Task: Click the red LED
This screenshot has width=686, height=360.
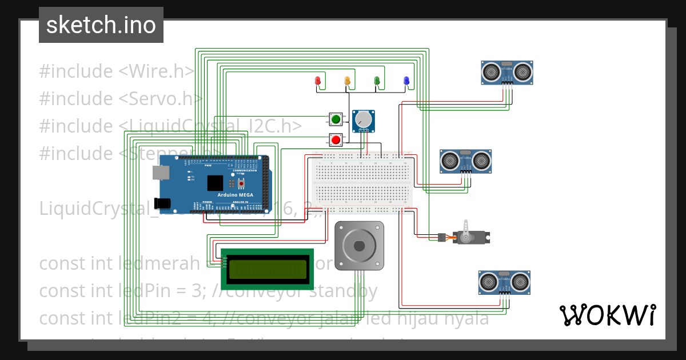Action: point(318,81)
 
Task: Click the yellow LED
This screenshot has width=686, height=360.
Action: point(347,81)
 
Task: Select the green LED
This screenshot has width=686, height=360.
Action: point(376,81)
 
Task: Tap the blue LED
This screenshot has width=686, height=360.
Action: point(406,81)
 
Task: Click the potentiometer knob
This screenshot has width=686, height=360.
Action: point(362,119)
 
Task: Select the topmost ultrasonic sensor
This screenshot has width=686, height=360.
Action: point(506,72)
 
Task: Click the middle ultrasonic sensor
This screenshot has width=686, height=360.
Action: point(465,161)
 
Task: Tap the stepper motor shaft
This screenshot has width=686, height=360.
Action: point(359,246)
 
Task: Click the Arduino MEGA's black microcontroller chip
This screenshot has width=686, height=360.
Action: point(216,183)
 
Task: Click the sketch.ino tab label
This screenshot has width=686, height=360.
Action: point(101,25)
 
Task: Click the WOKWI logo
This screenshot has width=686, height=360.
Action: point(607,315)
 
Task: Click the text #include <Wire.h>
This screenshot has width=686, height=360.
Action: point(117,71)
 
